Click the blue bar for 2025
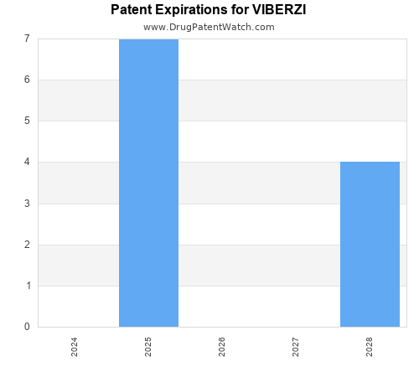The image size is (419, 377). pyautogui.click(x=148, y=183)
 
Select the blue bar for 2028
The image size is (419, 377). pyautogui.click(x=370, y=244)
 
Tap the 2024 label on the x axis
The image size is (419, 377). pyautogui.click(x=75, y=347)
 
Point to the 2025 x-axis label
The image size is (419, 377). pyautogui.click(x=148, y=347)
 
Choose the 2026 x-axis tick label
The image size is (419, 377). pyautogui.click(x=222, y=347)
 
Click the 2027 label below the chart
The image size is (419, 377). pyautogui.click(x=296, y=347)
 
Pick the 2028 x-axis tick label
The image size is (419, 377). pyautogui.click(x=370, y=347)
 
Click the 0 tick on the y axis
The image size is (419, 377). pyautogui.click(x=27, y=327)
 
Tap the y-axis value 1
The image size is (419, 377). pyautogui.click(x=27, y=286)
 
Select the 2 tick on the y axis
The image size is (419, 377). pyautogui.click(x=27, y=245)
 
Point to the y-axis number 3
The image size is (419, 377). pyautogui.click(x=27, y=204)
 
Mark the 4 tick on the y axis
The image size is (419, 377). pyautogui.click(x=27, y=162)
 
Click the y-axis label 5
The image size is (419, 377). pyautogui.click(x=27, y=121)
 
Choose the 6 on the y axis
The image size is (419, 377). pyautogui.click(x=27, y=80)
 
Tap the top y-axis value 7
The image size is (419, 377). pyautogui.click(x=27, y=39)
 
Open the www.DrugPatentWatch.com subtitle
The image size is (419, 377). pyautogui.click(x=209, y=27)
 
